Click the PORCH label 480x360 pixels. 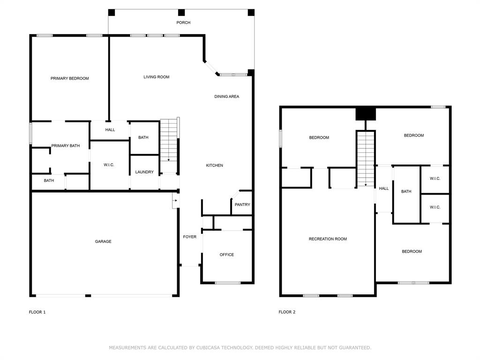183,22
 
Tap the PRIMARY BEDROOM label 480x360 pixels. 70,78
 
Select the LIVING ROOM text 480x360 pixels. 157,77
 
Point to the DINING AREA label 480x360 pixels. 227,97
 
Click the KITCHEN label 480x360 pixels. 215,165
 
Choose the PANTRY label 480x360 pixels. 242,205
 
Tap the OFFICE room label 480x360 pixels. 227,255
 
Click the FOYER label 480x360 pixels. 190,237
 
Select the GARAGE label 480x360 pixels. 103,242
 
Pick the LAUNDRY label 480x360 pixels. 144,172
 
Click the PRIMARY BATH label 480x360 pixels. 66,146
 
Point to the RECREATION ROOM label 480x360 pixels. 328,239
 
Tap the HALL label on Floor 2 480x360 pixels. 384,188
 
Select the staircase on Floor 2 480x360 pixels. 366,158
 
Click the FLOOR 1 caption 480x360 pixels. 37,312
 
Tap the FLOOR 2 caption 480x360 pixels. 287,312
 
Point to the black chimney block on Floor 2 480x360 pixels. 366,114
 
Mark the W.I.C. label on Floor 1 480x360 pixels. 109,165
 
